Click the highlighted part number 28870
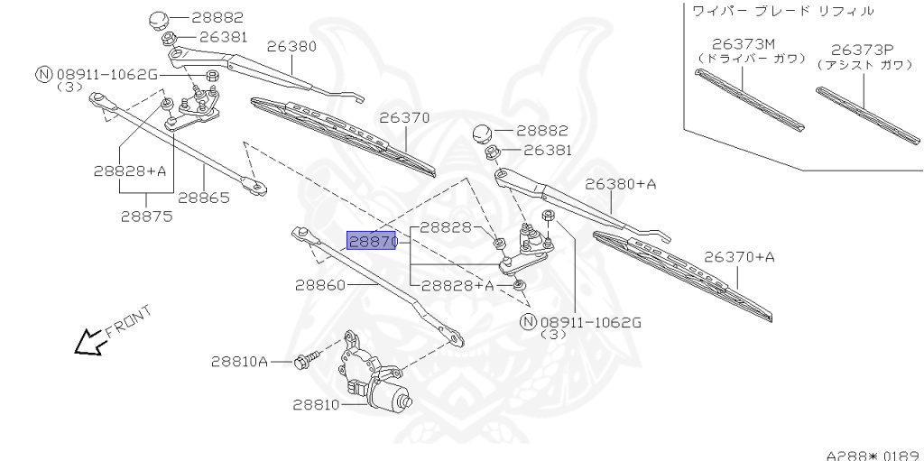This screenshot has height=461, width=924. click(x=372, y=241)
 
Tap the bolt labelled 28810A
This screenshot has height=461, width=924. click(x=304, y=362)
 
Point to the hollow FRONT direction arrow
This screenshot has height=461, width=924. click(x=88, y=342)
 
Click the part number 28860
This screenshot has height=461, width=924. click(x=320, y=284)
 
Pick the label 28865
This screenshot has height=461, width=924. click(x=203, y=198)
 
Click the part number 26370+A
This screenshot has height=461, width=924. click(x=739, y=257)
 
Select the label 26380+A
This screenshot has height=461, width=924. click(x=620, y=184)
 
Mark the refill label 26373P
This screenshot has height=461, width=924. click(x=858, y=51)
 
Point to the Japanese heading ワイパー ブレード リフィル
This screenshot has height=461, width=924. click(x=782, y=11)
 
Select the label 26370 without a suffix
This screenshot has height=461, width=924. click(x=404, y=117)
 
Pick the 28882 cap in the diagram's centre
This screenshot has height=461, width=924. click(x=485, y=133)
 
